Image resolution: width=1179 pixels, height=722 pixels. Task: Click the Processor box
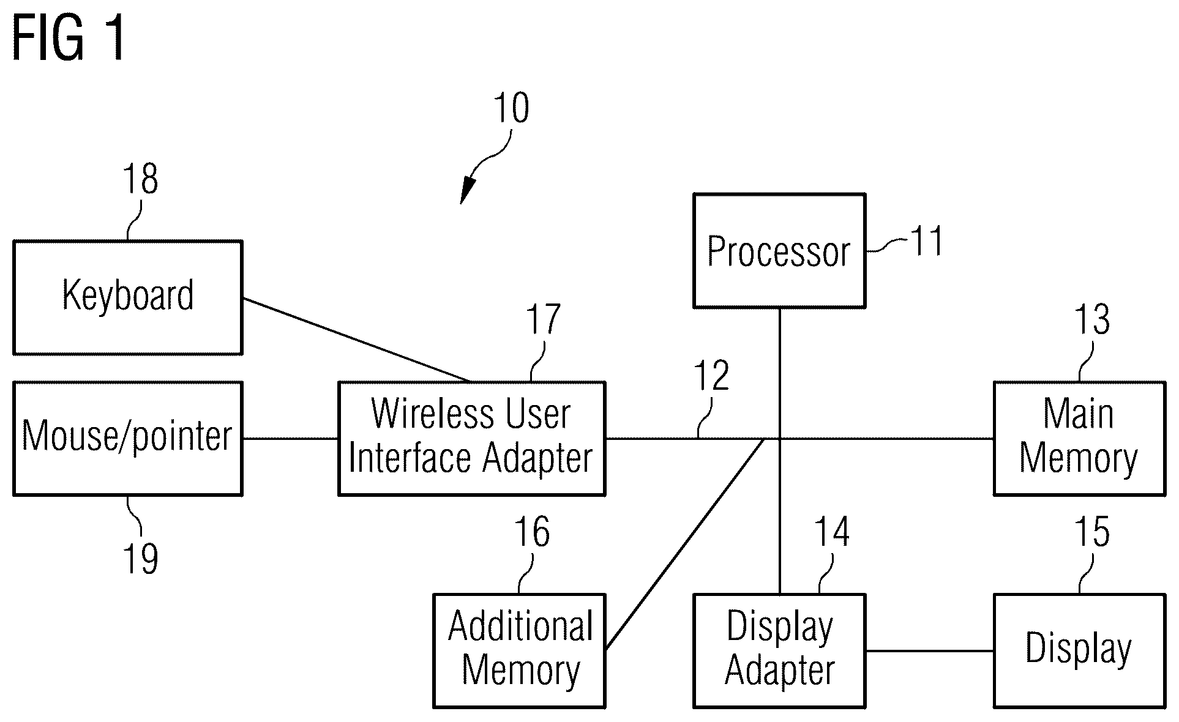[779, 251]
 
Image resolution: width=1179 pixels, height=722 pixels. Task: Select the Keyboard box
[128, 297]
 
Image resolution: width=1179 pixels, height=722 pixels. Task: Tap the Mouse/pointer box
[128, 438]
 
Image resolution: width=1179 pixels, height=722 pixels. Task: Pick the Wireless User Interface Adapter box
[471, 438]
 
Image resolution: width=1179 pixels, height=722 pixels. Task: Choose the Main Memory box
[1079, 438]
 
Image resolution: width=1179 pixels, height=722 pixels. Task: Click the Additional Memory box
[519, 650]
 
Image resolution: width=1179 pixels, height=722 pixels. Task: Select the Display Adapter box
[779, 650]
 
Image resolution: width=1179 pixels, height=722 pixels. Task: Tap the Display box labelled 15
[1079, 650]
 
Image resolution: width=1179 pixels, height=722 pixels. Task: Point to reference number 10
[511, 109]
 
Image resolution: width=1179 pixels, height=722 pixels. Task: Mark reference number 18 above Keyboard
[141, 179]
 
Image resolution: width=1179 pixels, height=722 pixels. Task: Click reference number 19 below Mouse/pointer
[141, 558]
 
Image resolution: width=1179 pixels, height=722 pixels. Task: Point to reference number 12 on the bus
[712, 376]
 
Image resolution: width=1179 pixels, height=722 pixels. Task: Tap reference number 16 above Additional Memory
[531, 532]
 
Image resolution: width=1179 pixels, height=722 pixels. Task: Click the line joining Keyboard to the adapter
[357, 340]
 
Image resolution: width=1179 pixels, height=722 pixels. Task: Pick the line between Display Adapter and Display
[929, 650]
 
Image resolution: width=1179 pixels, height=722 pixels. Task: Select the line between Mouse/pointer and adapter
[290, 438]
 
